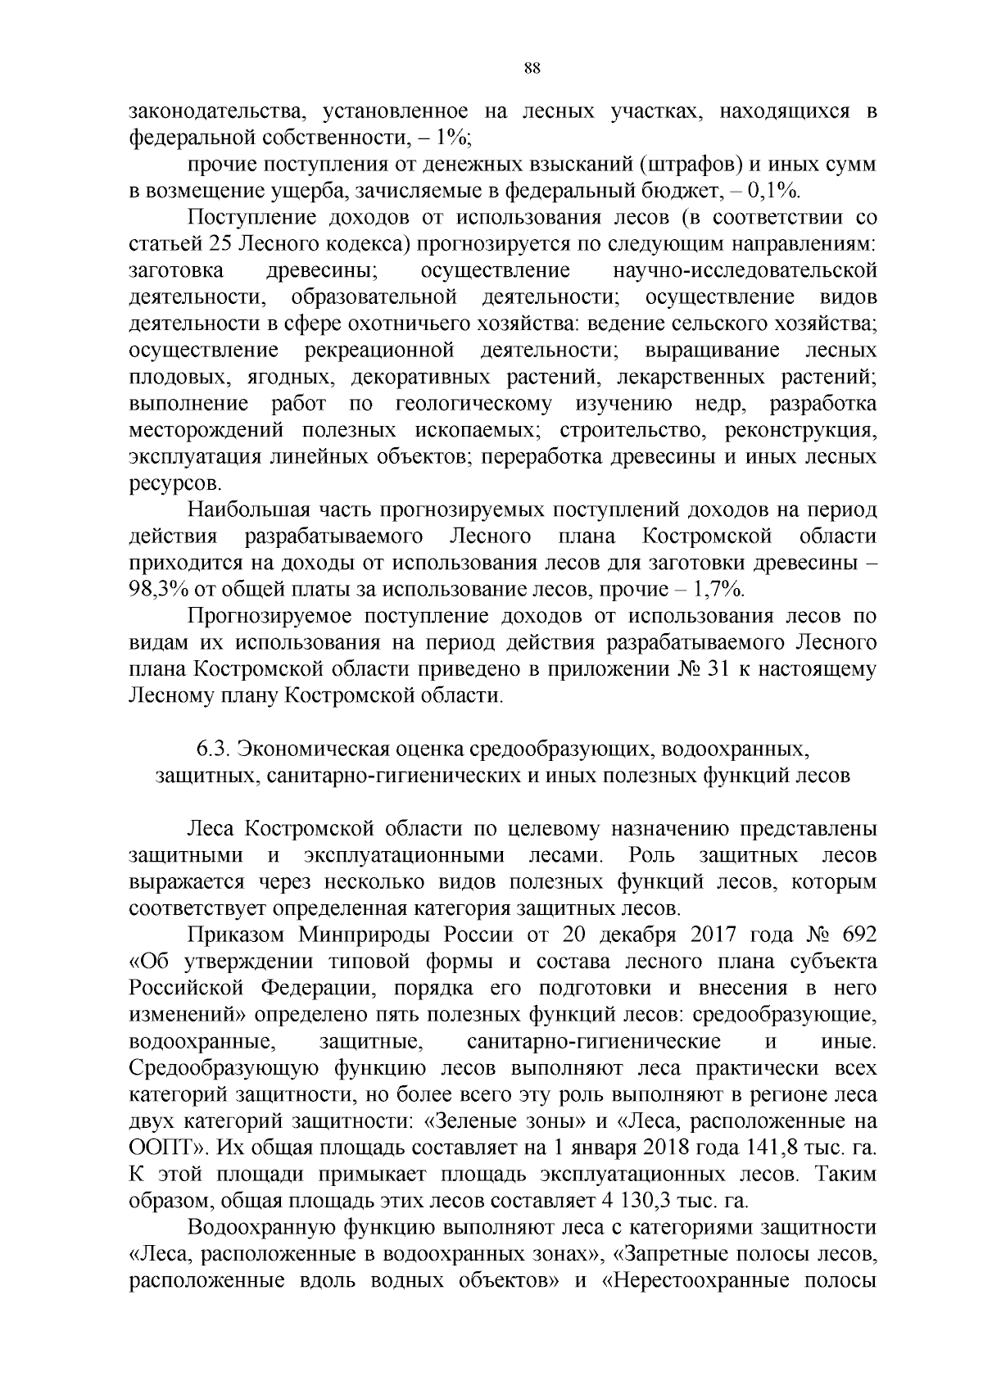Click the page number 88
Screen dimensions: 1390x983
[531, 68]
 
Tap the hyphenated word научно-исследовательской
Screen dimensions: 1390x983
[745, 270]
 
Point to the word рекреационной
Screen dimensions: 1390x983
[379, 351]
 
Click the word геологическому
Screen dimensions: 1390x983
[473, 404]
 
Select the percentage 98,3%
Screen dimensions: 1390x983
[161, 590]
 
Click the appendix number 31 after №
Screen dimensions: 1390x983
[718, 670]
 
